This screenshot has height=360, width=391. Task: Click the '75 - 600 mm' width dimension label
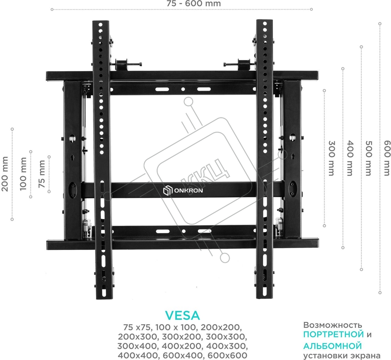click(x=194, y=3)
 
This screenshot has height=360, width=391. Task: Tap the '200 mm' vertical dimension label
click(x=5, y=174)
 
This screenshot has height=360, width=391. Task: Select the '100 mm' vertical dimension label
click(x=23, y=174)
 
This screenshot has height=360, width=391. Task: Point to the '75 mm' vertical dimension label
click(x=42, y=174)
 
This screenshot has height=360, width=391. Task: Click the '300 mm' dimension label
click(x=331, y=158)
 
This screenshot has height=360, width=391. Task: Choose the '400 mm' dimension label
click(x=350, y=158)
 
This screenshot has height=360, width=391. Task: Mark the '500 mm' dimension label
click(x=369, y=158)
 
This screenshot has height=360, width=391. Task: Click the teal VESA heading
click(x=182, y=315)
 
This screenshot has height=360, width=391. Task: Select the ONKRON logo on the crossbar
click(x=183, y=190)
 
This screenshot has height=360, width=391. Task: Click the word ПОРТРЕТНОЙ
click(x=334, y=334)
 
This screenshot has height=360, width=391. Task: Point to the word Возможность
click(x=332, y=325)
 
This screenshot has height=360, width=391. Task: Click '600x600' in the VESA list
click(x=227, y=355)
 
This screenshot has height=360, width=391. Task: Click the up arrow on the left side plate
click(x=72, y=157)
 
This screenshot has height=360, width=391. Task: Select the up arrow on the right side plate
click(x=293, y=156)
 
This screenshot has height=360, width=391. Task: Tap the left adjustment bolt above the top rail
click(x=127, y=64)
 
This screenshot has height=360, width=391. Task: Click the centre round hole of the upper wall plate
click(x=183, y=89)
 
